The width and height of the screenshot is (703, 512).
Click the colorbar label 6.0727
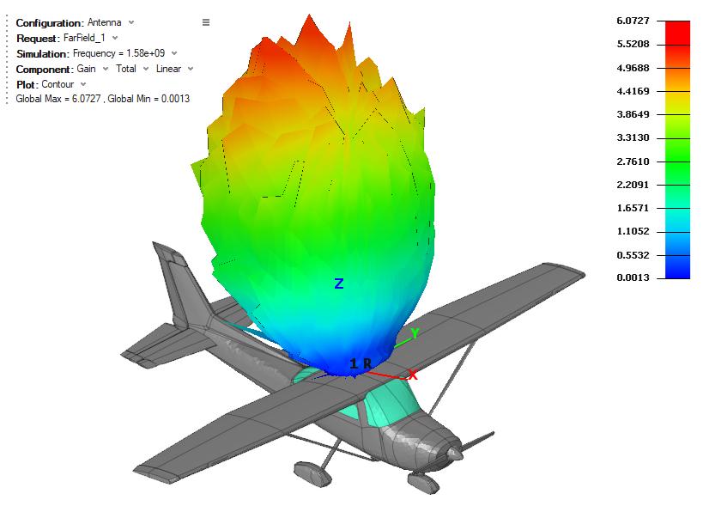633,21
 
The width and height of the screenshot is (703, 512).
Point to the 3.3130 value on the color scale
633,137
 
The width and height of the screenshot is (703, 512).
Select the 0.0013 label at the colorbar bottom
633,277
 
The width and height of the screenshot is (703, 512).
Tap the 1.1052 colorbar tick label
633,231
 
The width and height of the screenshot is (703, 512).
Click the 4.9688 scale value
633,68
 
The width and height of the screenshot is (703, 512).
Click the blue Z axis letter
339,283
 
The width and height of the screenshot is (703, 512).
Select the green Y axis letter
415,333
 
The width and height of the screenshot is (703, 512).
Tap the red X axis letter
413,375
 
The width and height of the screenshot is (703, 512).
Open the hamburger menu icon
206,22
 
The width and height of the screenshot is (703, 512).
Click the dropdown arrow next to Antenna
131,22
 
